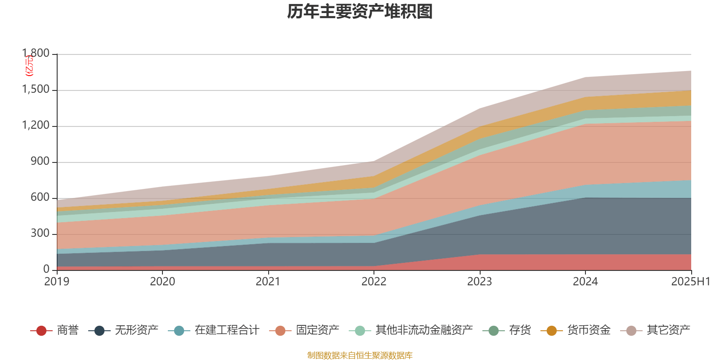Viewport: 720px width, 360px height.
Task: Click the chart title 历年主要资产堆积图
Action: [360, 12]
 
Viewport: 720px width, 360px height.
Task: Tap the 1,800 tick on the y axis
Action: [36, 54]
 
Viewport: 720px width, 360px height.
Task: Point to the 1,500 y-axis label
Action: [36, 90]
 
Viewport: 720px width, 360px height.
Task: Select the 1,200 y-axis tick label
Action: [36, 126]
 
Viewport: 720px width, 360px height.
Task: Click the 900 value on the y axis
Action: [40, 162]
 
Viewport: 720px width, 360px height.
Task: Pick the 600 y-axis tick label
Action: [40, 198]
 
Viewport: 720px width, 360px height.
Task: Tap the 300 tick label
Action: [40, 234]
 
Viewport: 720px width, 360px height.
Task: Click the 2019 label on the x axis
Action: [57, 282]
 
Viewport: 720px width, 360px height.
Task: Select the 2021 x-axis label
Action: [268, 282]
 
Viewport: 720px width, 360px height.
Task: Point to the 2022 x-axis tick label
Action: [374, 282]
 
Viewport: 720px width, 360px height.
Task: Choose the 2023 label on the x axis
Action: [480, 282]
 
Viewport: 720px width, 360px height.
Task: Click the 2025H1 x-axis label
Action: [690, 282]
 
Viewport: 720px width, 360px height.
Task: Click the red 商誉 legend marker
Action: [41, 331]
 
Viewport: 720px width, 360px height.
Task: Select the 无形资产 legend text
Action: [137, 330]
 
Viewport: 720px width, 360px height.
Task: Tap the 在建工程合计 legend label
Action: [227, 330]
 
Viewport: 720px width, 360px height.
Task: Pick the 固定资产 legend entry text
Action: [318, 330]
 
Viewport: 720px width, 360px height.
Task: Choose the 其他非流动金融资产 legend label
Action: [424, 330]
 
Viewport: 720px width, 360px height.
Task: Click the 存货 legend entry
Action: [520, 330]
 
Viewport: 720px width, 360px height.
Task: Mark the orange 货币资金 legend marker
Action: [551, 331]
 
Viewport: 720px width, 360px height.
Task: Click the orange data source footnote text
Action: [360, 355]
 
